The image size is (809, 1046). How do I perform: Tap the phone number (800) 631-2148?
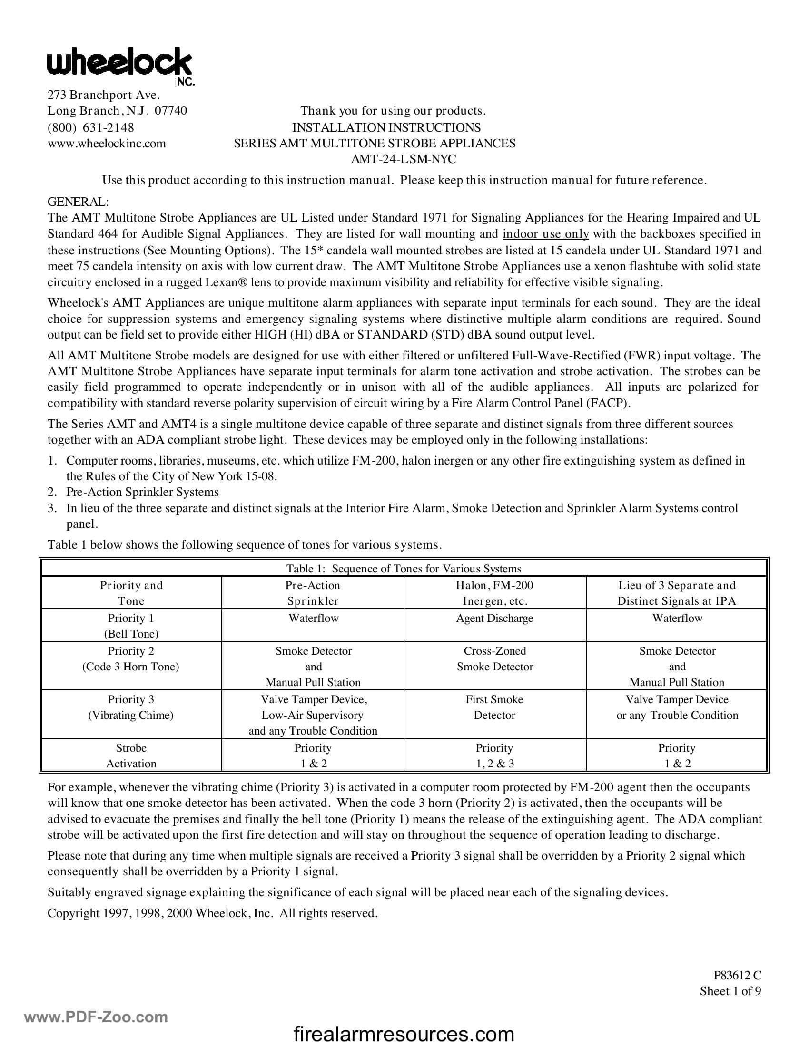pyautogui.click(x=90, y=127)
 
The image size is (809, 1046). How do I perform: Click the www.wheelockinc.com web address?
pyautogui.click(x=107, y=143)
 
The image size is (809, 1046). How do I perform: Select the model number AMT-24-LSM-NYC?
pyautogui.click(x=403, y=159)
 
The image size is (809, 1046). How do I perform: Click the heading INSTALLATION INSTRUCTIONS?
pyautogui.click(x=386, y=127)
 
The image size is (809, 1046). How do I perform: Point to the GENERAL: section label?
pyautogui.click(x=78, y=202)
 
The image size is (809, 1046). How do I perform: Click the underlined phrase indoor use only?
pyautogui.click(x=545, y=234)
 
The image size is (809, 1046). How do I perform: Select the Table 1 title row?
pyautogui.click(x=404, y=569)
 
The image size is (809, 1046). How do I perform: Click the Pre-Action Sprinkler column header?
pyautogui.click(x=313, y=593)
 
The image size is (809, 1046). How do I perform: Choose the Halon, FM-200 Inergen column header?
pyautogui.click(x=494, y=593)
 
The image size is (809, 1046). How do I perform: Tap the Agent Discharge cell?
pyautogui.click(x=494, y=618)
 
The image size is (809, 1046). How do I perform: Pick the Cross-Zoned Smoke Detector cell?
pyautogui.click(x=494, y=659)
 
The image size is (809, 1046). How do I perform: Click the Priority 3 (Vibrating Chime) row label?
pyautogui.click(x=131, y=707)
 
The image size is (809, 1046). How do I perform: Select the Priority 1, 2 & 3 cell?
pyautogui.click(x=494, y=755)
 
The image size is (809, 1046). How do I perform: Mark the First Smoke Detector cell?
pyautogui.click(x=494, y=707)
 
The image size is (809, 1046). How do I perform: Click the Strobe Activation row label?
pyautogui.click(x=131, y=755)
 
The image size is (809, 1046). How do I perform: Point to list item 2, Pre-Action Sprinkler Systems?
pyautogui.click(x=142, y=492)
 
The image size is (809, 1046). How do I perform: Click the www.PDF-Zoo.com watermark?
pyautogui.click(x=96, y=1017)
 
